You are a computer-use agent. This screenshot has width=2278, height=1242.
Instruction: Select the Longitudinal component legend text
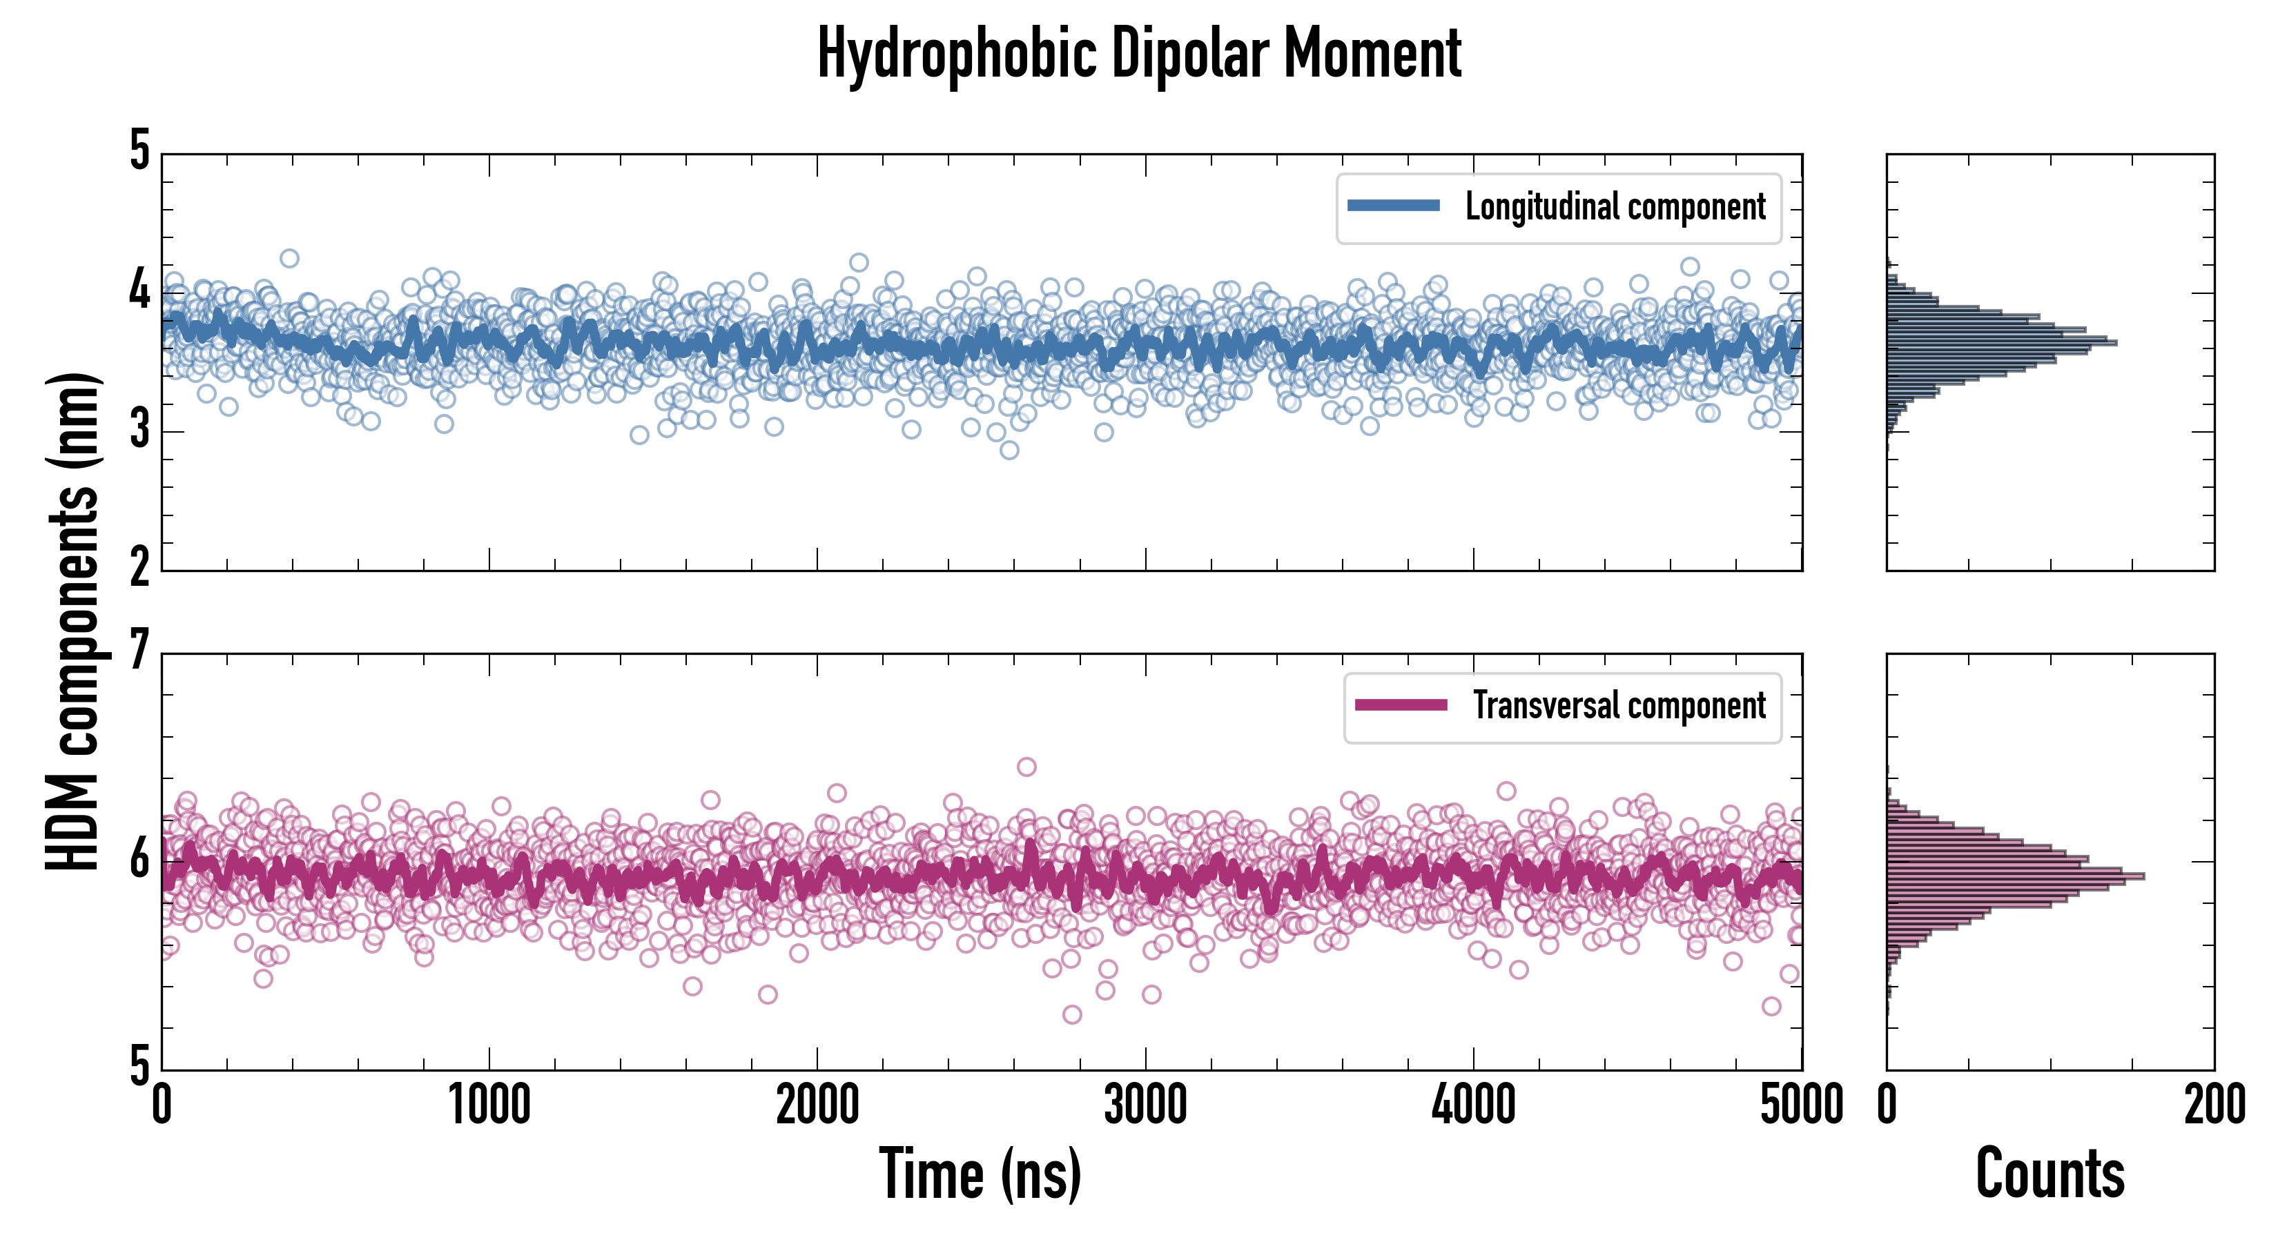coord(1615,207)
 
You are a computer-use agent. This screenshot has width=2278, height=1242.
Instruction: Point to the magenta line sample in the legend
coord(1401,704)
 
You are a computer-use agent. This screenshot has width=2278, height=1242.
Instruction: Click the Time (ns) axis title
coord(980,1174)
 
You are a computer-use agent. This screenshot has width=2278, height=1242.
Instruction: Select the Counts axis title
coord(2050,1174)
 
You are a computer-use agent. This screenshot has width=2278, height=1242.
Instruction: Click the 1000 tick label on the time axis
coord(489,1105)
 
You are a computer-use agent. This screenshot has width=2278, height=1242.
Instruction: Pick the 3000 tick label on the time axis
coord(1145,1105)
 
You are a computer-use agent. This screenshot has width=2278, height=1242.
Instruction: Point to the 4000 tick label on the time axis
coord(1473,1105)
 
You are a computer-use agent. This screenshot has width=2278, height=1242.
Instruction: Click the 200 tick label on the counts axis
coord(2213,1105)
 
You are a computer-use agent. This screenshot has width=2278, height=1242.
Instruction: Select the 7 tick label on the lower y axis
coord(139,652)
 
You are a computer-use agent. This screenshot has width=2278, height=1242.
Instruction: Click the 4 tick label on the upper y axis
coord(139,290)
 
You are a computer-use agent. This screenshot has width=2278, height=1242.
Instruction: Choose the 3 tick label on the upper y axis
coord(139,431)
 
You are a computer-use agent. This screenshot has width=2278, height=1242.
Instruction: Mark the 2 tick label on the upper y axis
coord(139,569)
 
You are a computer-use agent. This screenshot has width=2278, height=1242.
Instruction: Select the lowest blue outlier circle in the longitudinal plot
coord(1009,450)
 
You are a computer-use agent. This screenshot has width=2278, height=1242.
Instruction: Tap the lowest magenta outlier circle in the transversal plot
coord(1072,1014)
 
